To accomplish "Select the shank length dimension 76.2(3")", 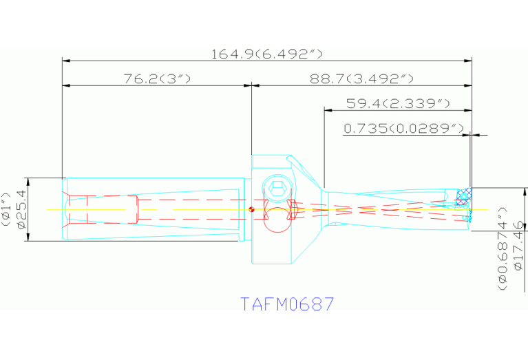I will pos(157,79).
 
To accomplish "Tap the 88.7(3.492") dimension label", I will pos(361,79).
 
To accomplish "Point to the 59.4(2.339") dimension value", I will pos(398,103).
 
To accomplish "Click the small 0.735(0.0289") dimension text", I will pos(403,128).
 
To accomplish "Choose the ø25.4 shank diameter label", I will pos(21,209).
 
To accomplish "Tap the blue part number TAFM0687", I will pos(287,304).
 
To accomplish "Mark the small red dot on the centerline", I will pos(252,210).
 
